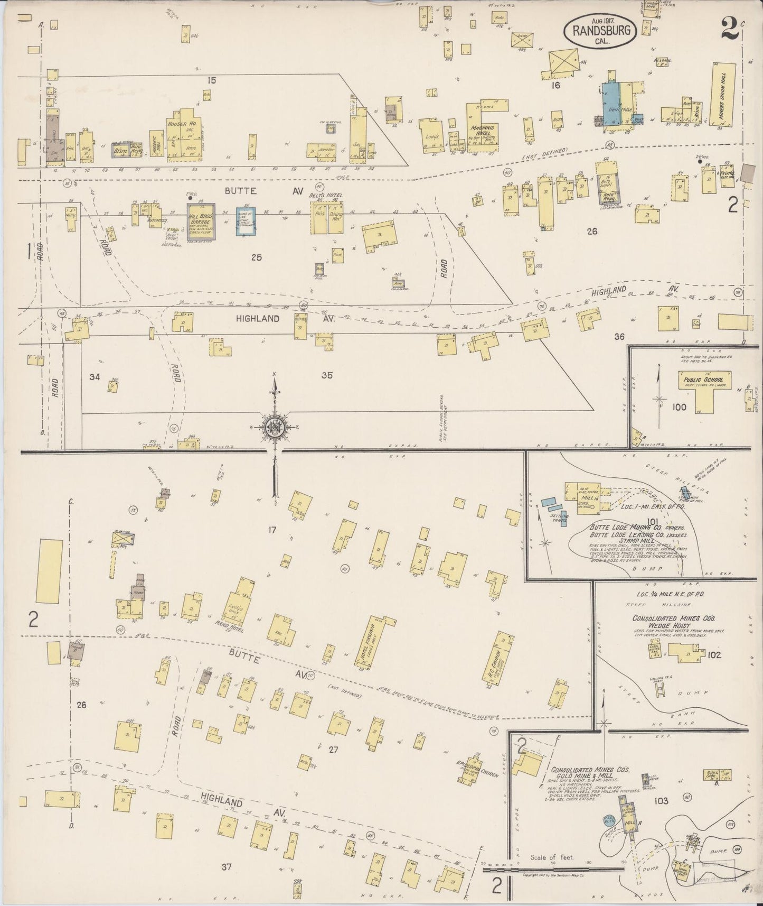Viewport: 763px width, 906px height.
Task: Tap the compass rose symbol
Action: [275, 428]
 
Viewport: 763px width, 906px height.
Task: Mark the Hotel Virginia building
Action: [378, 643]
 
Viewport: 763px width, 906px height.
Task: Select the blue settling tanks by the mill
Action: [555, 507]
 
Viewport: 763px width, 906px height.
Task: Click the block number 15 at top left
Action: [212, 80]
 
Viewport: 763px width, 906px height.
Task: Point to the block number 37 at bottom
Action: [227, 867]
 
